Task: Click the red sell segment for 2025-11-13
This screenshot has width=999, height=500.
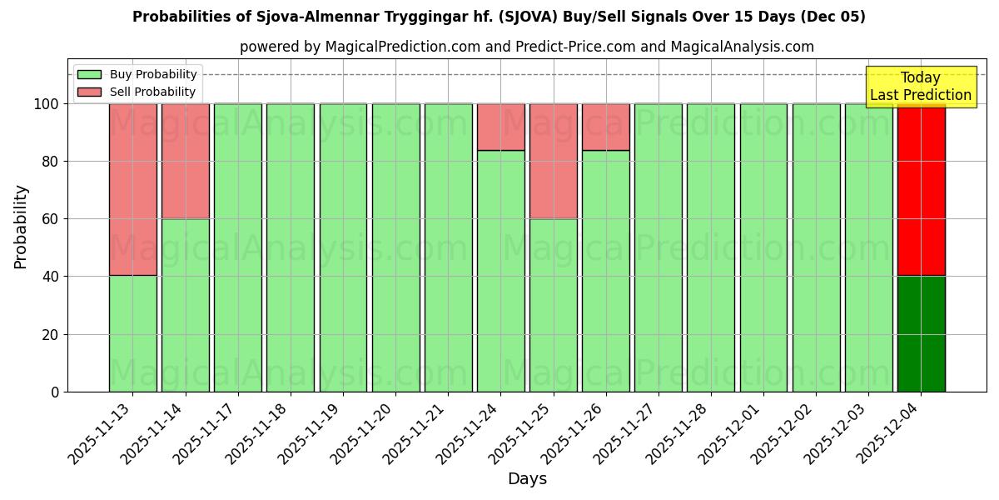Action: coord(132,189)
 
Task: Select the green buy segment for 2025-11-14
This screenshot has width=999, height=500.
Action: coord(185,305)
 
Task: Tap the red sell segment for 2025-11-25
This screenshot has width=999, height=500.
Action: coord(553,161)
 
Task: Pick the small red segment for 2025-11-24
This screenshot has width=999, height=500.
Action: coord(500,127)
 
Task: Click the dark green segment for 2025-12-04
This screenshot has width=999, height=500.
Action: coord(921,333)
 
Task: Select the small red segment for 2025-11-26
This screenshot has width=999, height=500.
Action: coord(605,127)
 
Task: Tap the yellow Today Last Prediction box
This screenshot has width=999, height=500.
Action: coord(921,87)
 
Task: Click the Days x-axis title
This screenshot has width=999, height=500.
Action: coord(527,479)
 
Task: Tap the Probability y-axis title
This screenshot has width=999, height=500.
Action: coord(21,226)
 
